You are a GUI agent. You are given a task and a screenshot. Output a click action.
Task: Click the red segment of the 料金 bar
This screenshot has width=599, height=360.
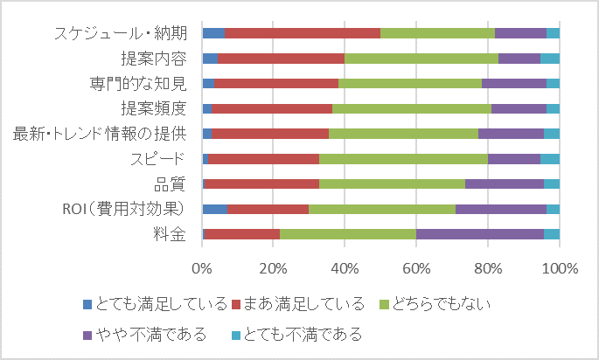[241, 234]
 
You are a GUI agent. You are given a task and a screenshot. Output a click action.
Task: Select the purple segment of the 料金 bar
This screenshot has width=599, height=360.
[479, 234]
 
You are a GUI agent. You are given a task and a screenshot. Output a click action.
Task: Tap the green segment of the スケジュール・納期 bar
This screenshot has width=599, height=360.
[437, 33]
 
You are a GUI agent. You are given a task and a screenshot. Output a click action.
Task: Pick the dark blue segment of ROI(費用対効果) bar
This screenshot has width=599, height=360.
[214, 209]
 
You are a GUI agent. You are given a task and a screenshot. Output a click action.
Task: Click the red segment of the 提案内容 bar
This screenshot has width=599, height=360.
[281, 59]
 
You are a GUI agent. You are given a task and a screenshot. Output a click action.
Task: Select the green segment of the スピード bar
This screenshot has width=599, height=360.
[403, 159]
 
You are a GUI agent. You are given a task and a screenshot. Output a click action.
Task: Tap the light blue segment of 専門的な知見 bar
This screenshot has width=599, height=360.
[553, 83]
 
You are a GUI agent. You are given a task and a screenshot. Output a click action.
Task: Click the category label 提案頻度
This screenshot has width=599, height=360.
[154, 108]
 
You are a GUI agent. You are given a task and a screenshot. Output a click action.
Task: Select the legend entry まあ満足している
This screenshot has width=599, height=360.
[300, 305]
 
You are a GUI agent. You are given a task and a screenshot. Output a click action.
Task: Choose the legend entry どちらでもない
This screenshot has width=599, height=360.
[432, 305]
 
